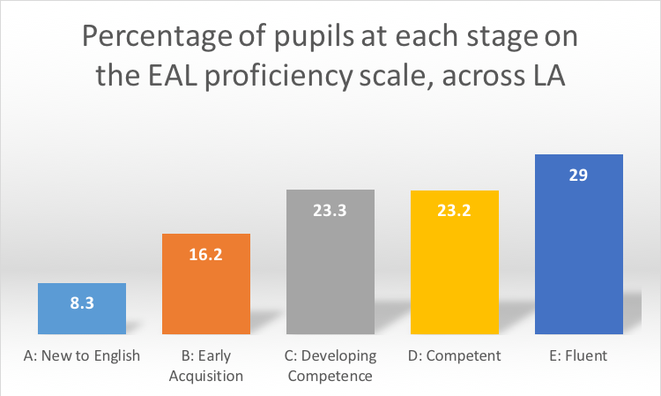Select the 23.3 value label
(x=331, y=210)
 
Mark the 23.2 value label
(x=455, y=210)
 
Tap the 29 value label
(x=579, y=174)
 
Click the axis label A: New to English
(x=82, y=356)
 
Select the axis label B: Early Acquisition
(x=206, y=365)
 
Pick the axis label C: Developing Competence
(x=331, y=365)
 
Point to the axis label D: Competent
(x=455, y=356)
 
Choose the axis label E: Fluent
(x=579, y=356)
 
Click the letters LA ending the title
(x=545, y=78)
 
